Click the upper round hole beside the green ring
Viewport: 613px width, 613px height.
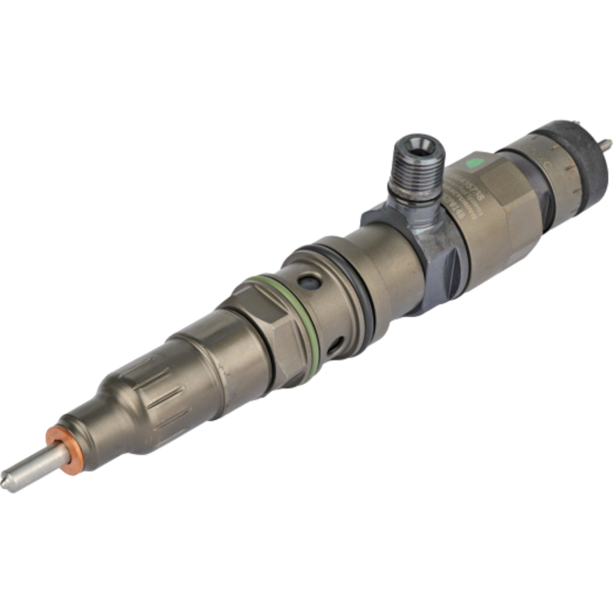308,281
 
